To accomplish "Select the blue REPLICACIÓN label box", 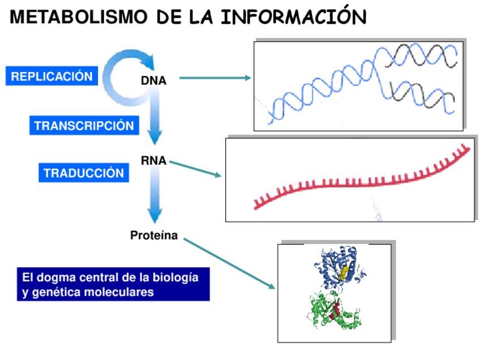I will click(x=52, y=76).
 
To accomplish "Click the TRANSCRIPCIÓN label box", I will click(x=84, y=125).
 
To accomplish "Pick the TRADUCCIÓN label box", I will click(x=83, y=173).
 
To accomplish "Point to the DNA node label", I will click(x=153, y=80).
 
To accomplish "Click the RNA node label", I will click(x=153, y=161).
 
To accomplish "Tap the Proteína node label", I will click(x=154, y=235).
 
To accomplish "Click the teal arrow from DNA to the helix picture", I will click(x=215, y=78).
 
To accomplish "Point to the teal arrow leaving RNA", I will click(x=195, y=169).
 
